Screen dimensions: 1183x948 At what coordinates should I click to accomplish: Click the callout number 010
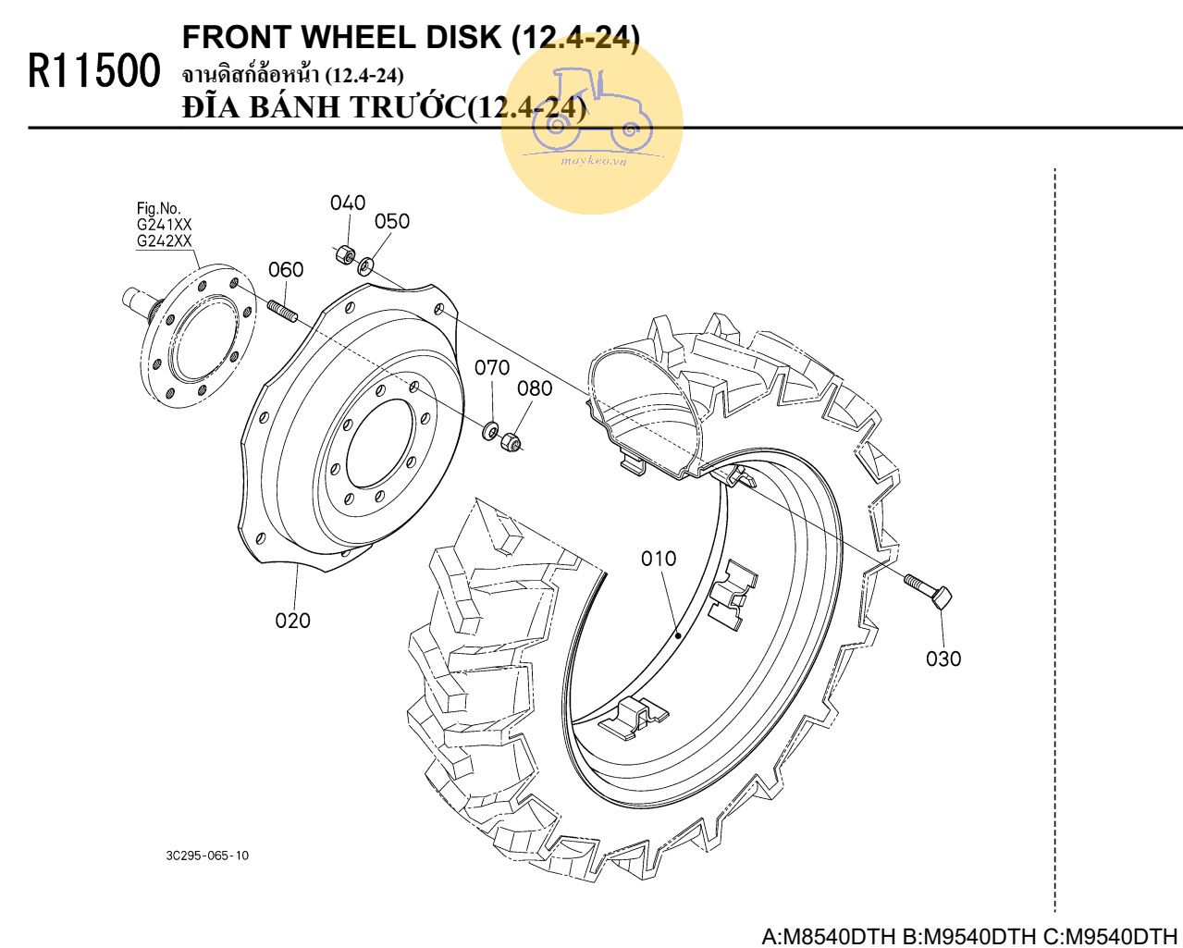tap(658, 559)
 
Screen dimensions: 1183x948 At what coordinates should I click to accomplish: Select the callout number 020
tap(292, 621)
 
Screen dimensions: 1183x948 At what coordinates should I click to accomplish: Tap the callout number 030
tap(943, 659)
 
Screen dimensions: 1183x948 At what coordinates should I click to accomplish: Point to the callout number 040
tap(348, 203)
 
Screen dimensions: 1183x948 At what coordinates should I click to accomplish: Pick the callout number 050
tap(392, 221)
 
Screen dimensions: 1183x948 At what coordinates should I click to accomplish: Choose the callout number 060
tap(286, 269)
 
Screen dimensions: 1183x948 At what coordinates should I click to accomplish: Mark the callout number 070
tap(492, 367)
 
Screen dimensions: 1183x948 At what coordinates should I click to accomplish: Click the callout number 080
tap(535, 388)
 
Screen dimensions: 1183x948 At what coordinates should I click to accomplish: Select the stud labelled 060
tap(284, 311)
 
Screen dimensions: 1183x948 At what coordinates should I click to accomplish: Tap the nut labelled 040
tap(344, 254)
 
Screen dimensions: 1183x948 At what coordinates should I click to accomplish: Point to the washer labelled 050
tap(365, 266)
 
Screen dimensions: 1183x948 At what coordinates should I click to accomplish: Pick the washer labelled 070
tap(489, 431)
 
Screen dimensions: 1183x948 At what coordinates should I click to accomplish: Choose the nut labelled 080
tap(511, 441)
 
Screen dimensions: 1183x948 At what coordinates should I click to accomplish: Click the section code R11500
tap(94, 71)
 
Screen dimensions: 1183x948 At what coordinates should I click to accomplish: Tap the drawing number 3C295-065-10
tap(207, 856)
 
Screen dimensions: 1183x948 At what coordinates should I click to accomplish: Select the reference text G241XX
tap(164, 225)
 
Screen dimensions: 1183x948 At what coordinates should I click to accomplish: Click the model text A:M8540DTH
tap(830, 935)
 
